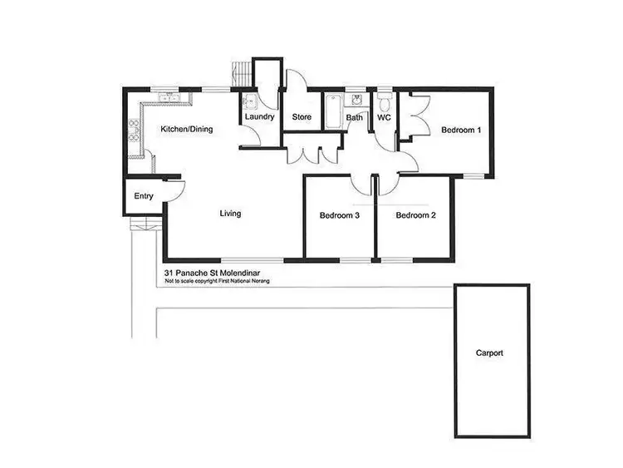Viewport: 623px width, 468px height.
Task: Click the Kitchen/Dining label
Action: point(187,129)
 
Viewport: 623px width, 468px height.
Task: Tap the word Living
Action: point(230,214)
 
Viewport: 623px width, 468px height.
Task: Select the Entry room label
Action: point(144,196)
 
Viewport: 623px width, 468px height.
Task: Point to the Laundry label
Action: point(259,117)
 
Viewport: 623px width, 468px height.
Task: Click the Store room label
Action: point(302,117)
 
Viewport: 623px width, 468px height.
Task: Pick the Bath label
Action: point(355,118)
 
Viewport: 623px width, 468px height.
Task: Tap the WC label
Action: point(384,118)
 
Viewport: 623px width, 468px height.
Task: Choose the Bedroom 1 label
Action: point(461,130)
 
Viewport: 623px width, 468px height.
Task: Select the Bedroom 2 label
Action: point(415,216)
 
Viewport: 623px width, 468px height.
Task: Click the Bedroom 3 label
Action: point(340,216)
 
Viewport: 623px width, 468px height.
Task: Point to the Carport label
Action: point(489,353)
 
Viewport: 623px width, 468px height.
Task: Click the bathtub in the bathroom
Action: point(333,111)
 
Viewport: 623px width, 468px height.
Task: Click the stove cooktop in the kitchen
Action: point(133,131)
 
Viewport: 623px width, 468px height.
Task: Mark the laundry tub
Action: point(249,103)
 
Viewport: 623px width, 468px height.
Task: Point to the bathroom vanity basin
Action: point(356,101)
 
